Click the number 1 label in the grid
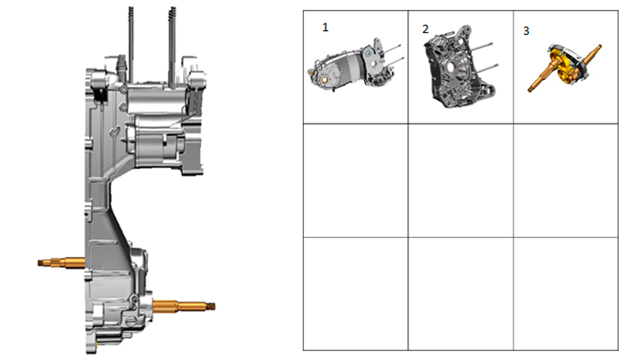click(x=325, y=27)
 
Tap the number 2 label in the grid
click(x=425, y=29)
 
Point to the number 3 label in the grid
click(x=526, y=31)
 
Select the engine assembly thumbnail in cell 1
click(x=356, y=65)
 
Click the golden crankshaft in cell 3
click(x=565, y=67)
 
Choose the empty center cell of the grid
click(x=460, y=181)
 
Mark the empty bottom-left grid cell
click(x=356, y=294)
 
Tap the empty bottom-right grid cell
click(x=566, y=294)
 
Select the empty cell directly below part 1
click(x=356, y=181)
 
